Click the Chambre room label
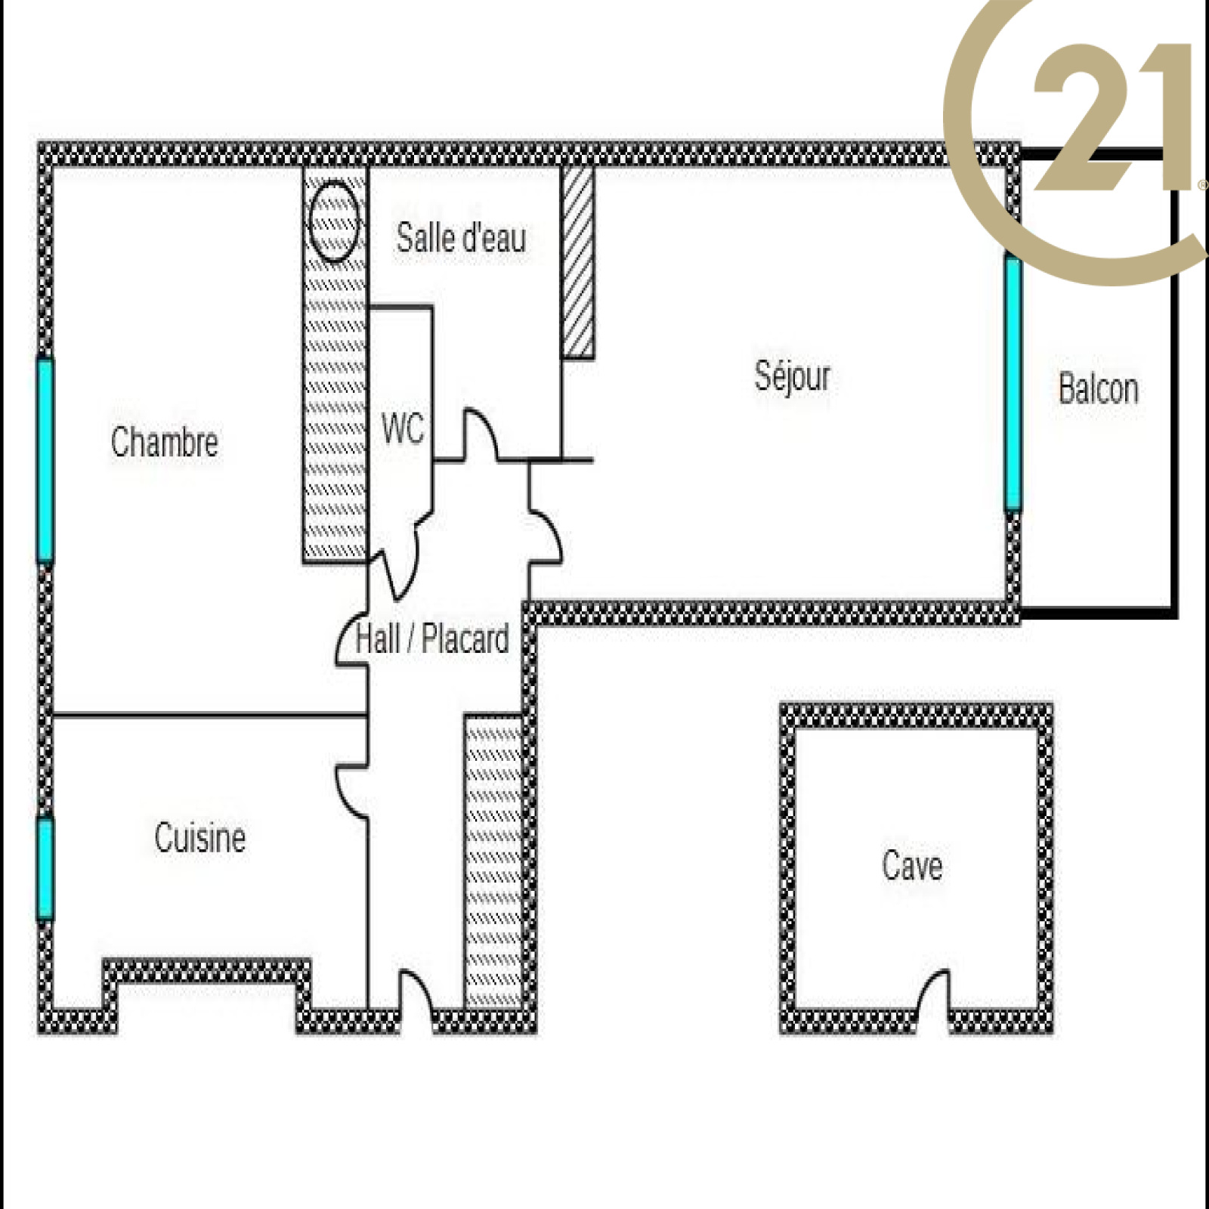[x=164, y=442]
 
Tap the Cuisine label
[x=200, y=838]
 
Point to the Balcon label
[x=1098, y=389]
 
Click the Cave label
[x=912, y=866]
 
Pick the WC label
[x=403, y=429]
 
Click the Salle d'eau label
[x=461, y=238]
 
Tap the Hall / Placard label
[x=432, y=639]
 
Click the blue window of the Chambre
[x=45, y=461]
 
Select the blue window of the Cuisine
[x=45, y=869]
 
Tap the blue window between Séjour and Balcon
[x=1013, y=384]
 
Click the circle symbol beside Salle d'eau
[x=333, y=220]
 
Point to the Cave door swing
[x=931, y=991]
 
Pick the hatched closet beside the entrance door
[x=493, y=861]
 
